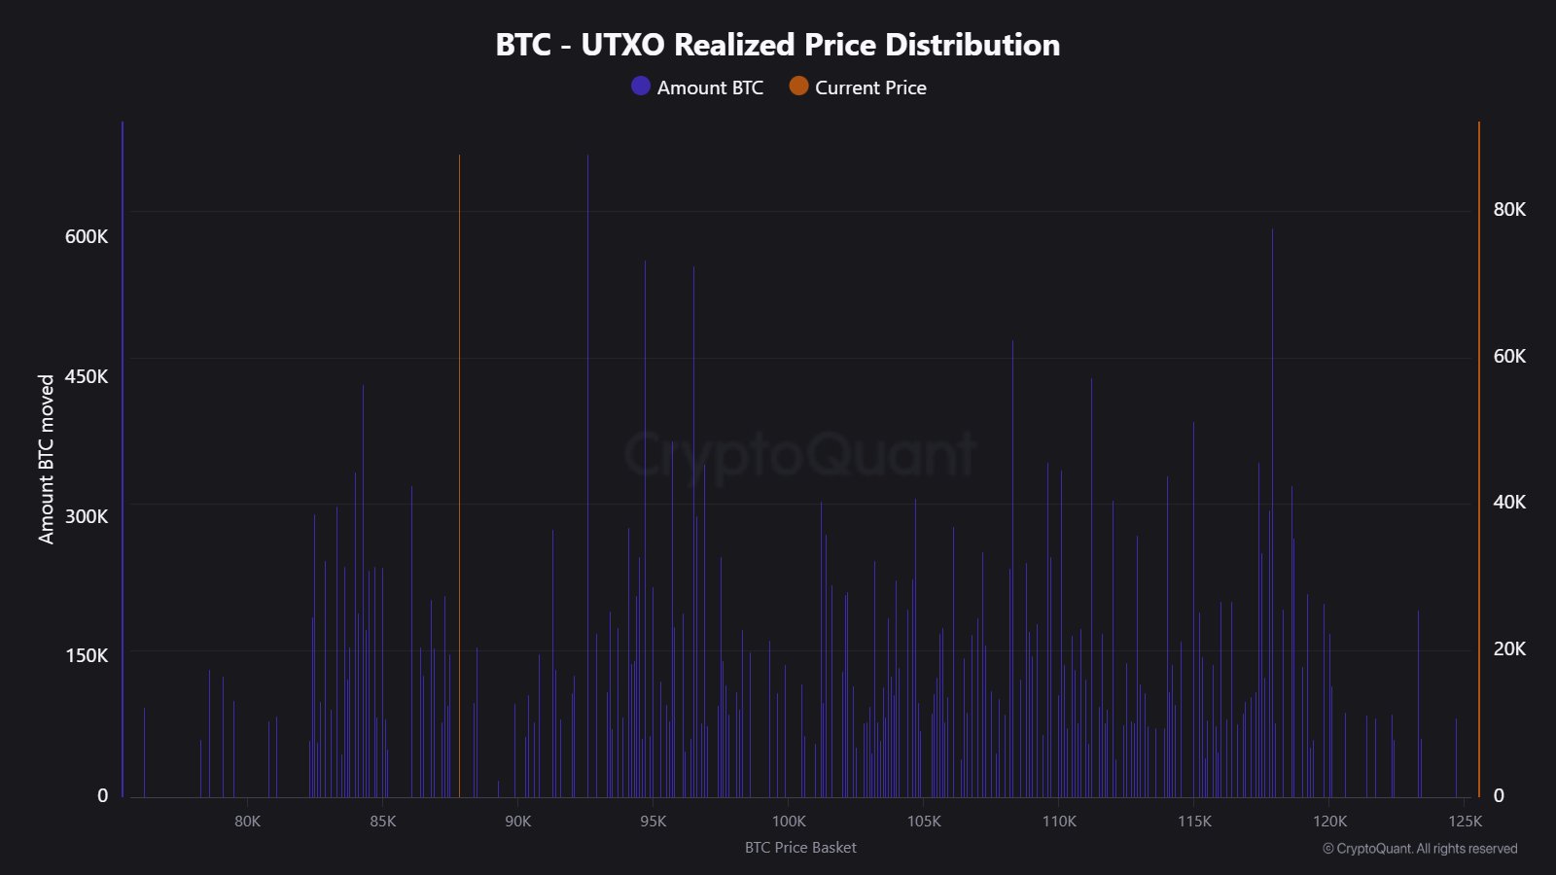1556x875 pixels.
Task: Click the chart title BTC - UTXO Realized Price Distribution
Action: (x=777, y=45)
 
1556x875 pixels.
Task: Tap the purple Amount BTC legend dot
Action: (x=640, y=87)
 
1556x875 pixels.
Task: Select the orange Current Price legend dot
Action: (x=798, y=87)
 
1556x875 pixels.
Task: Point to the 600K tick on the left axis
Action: (x=87, y=236)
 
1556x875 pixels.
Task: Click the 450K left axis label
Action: (x=87, y=376)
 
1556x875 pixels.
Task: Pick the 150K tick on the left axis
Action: (x=87, y=655)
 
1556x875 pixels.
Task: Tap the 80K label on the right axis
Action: (x=1509, y=209)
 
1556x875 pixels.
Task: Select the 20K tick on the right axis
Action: (x=1509, y=648)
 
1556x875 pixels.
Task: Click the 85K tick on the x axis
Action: (x=383, y=822)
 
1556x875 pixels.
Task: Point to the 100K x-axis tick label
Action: (x=789, y=822)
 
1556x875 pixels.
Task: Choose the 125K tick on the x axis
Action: (x=1465, y=822)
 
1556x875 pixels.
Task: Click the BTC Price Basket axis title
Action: (x=800, y=848)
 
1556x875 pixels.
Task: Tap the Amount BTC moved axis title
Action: (x=47, y=459)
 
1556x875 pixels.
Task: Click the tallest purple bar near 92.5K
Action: (x=587, y=389)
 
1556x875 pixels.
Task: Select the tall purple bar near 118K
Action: (x=1272, y=437)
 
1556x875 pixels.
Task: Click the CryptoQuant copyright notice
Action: (x=1420, y=849)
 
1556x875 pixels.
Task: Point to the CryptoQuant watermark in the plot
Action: (x=798, y=454)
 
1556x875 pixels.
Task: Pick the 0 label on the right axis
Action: (x=1499, y=795)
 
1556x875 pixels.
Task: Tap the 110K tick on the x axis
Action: (x=1059, y=822)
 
